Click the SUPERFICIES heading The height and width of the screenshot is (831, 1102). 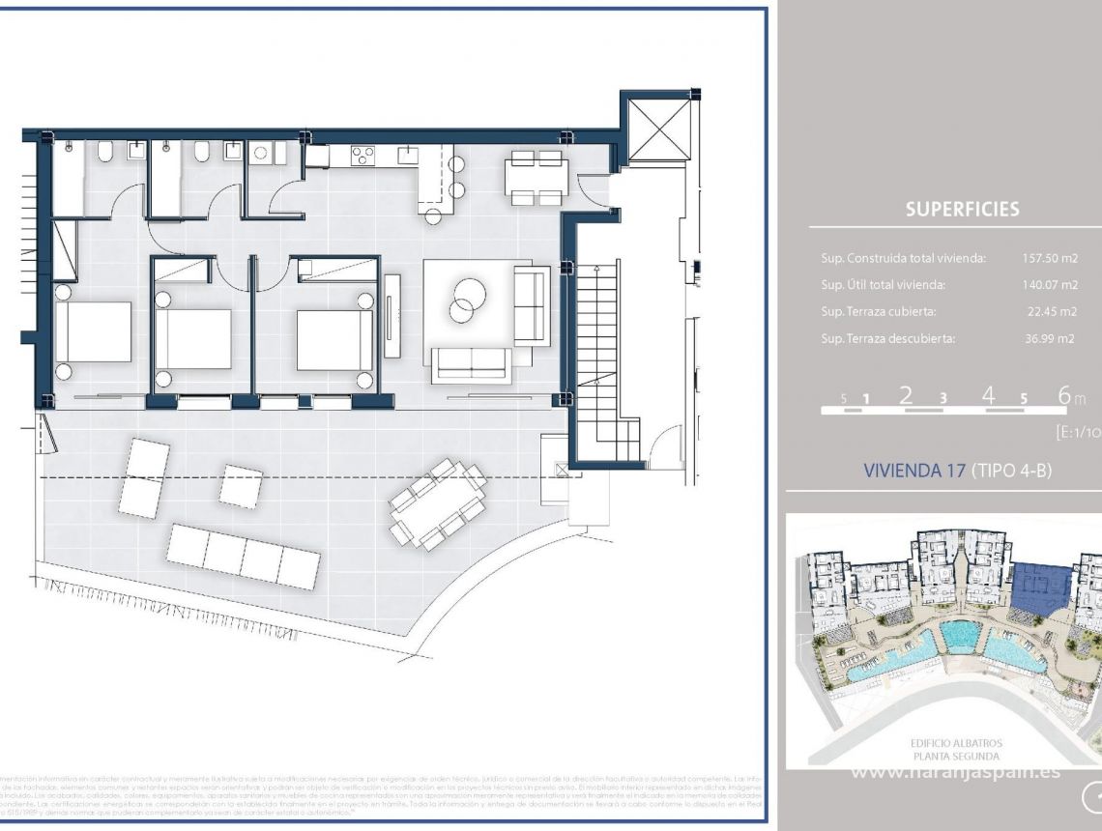pyautogui.click(x=962, y=209)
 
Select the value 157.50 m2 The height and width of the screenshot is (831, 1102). pyautogui.click(x=1049, y=258)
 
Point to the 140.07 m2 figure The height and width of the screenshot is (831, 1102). pyautogui.click(x=1049, y=285)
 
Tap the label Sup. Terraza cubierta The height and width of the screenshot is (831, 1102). pyautogui.click(x=879, y=312)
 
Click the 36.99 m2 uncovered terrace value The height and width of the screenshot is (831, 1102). pyautogui.click(x=1051, y=339)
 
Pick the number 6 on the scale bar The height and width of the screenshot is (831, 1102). pyautogui.click(x=1064, y=395)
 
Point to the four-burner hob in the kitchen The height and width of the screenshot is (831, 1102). pyautogui.click(x=363, y=155)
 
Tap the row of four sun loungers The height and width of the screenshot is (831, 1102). pyautogui.click(x=243, y=557)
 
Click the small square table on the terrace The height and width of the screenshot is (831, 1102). pyautogui.click(x=240, y=485)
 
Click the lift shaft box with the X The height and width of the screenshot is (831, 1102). pyautogui.click(x=659, y=127)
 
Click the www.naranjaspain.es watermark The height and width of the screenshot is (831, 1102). pyautogui.click(x=954, y=771)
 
